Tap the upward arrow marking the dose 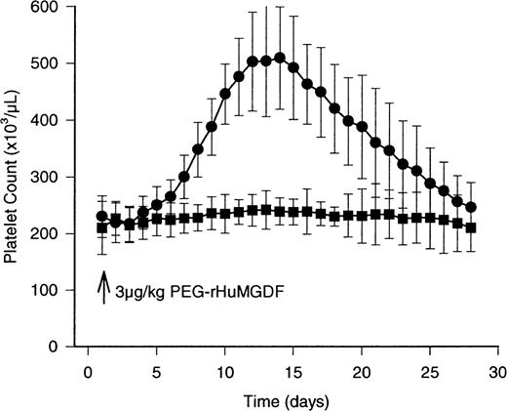coord(102,289)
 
